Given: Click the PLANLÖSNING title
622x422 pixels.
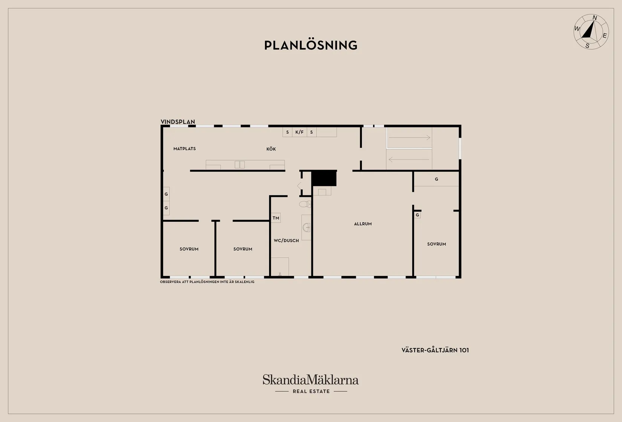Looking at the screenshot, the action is click(x=311, y=45).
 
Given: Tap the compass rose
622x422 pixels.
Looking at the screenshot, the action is click(x=591, y=32).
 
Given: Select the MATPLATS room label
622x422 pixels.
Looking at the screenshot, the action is click(x=185, y=149).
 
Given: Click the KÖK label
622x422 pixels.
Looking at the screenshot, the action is click(x=271, y=149).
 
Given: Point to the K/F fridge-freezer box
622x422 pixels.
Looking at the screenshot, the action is click(x=299, y=132).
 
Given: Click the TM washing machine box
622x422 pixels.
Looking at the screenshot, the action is click(x=276, y=218).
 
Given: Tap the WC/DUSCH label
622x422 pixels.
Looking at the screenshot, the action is click(x=286, y=241).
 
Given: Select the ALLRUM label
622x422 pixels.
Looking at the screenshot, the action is click(x=363, y=224).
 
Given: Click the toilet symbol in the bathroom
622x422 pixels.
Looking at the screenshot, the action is click(x=305, y=204).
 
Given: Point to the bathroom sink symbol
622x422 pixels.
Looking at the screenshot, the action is click(x=306, y=227).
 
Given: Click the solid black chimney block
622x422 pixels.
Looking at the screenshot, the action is click(x=324, y=178).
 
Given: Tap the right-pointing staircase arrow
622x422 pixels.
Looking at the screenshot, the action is click(x=409, y=138).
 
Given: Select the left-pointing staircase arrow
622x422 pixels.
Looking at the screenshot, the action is click(x=409, y=160).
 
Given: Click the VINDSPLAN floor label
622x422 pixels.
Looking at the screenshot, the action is click(x=178, y=122).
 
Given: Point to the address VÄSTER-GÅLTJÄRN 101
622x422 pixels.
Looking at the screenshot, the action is click(x=435, y=350).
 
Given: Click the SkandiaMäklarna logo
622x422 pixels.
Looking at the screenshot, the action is click(x=311, y=380).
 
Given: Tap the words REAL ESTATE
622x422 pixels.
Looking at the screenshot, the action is click(x=311, y=391).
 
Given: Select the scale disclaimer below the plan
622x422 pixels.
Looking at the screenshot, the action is click(x=207, y=282).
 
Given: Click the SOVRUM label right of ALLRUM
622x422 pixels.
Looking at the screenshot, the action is click(x=437, y=244).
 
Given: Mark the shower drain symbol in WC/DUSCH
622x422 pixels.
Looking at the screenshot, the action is click(x=280, y=274).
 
